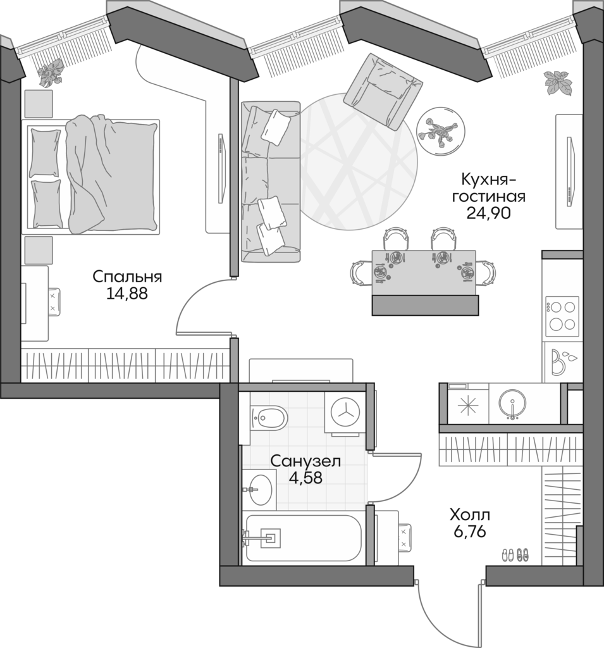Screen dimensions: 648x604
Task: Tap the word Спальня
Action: [127, 277]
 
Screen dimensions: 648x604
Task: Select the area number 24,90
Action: [488, 212]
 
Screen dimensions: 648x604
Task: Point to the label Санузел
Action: [305, 461]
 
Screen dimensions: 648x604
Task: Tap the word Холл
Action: [469, 514]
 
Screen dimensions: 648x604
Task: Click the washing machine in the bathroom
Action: [345, 413]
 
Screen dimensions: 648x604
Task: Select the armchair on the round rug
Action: [384, 90]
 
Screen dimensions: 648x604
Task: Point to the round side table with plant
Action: [440, 129]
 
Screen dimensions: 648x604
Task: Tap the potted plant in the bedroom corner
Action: [51, 73]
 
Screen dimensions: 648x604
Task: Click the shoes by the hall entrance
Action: [515, 554]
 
